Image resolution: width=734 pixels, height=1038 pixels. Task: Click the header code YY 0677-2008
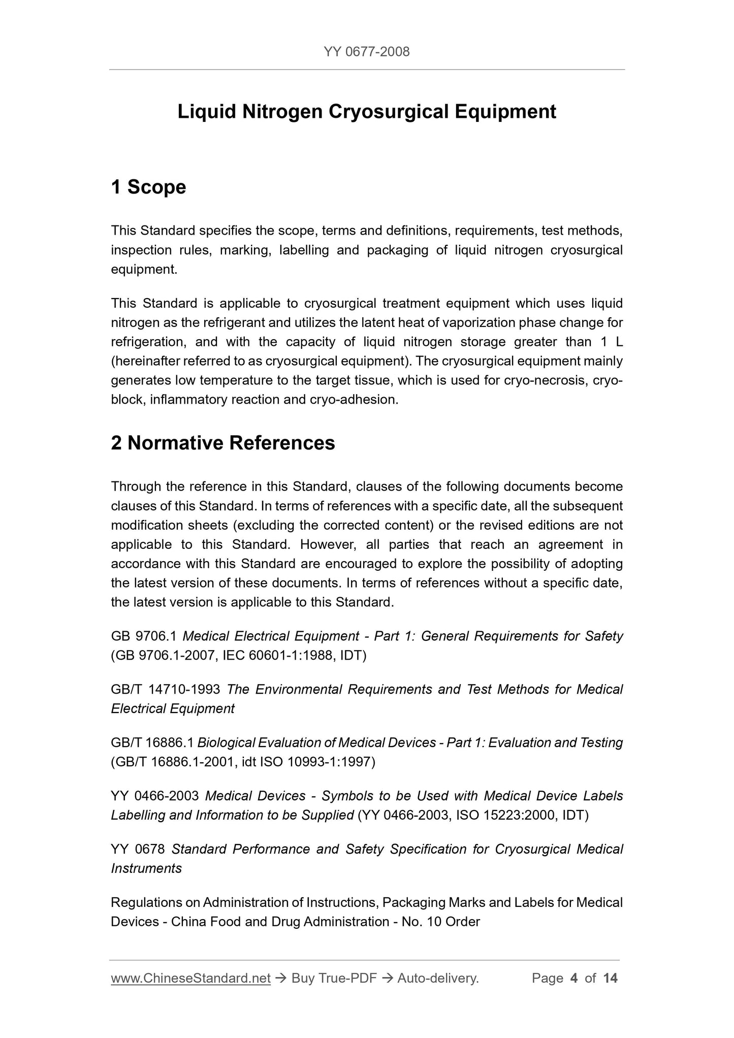coord(366,51)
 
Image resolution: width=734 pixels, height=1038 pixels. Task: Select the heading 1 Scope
coord(148,187)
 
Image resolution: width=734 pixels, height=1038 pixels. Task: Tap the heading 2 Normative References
coord(223,443)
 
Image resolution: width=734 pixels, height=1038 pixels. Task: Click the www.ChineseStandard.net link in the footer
coord(190,978)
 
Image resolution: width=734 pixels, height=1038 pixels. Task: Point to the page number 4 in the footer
coord(574,978)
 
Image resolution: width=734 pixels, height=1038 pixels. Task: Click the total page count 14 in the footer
coord(610,978)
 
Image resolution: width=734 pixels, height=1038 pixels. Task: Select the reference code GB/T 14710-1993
coord(166,689)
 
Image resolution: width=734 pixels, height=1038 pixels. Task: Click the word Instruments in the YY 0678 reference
coord(146,868)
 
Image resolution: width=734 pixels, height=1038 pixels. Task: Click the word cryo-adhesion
coord(354,400)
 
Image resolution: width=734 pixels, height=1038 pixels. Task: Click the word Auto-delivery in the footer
coord(438,978)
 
